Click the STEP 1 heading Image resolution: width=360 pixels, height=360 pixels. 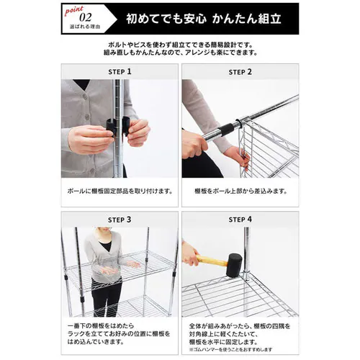pyautogui.click(x=119, y=72)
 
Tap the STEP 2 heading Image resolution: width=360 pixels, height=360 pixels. pyautogui.click(x=240, y=72)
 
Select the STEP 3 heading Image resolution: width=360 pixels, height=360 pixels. pyautogui.click(x=119, y=219)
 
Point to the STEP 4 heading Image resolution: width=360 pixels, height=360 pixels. pyautogui.click(x=240, y=219)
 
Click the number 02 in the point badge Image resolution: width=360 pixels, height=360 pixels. pyautogui.click(x=86, y=15)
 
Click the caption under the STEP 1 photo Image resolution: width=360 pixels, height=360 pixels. pyautogui.click(x=119, y=192)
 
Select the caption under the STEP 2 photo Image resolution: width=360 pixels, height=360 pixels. pyautogui.click(x=240, y=192)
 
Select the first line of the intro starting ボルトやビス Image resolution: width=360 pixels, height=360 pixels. pyautogui.click(x=180, y=45)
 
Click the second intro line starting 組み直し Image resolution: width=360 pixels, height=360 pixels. pyautogui.click(x=180, y=53)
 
